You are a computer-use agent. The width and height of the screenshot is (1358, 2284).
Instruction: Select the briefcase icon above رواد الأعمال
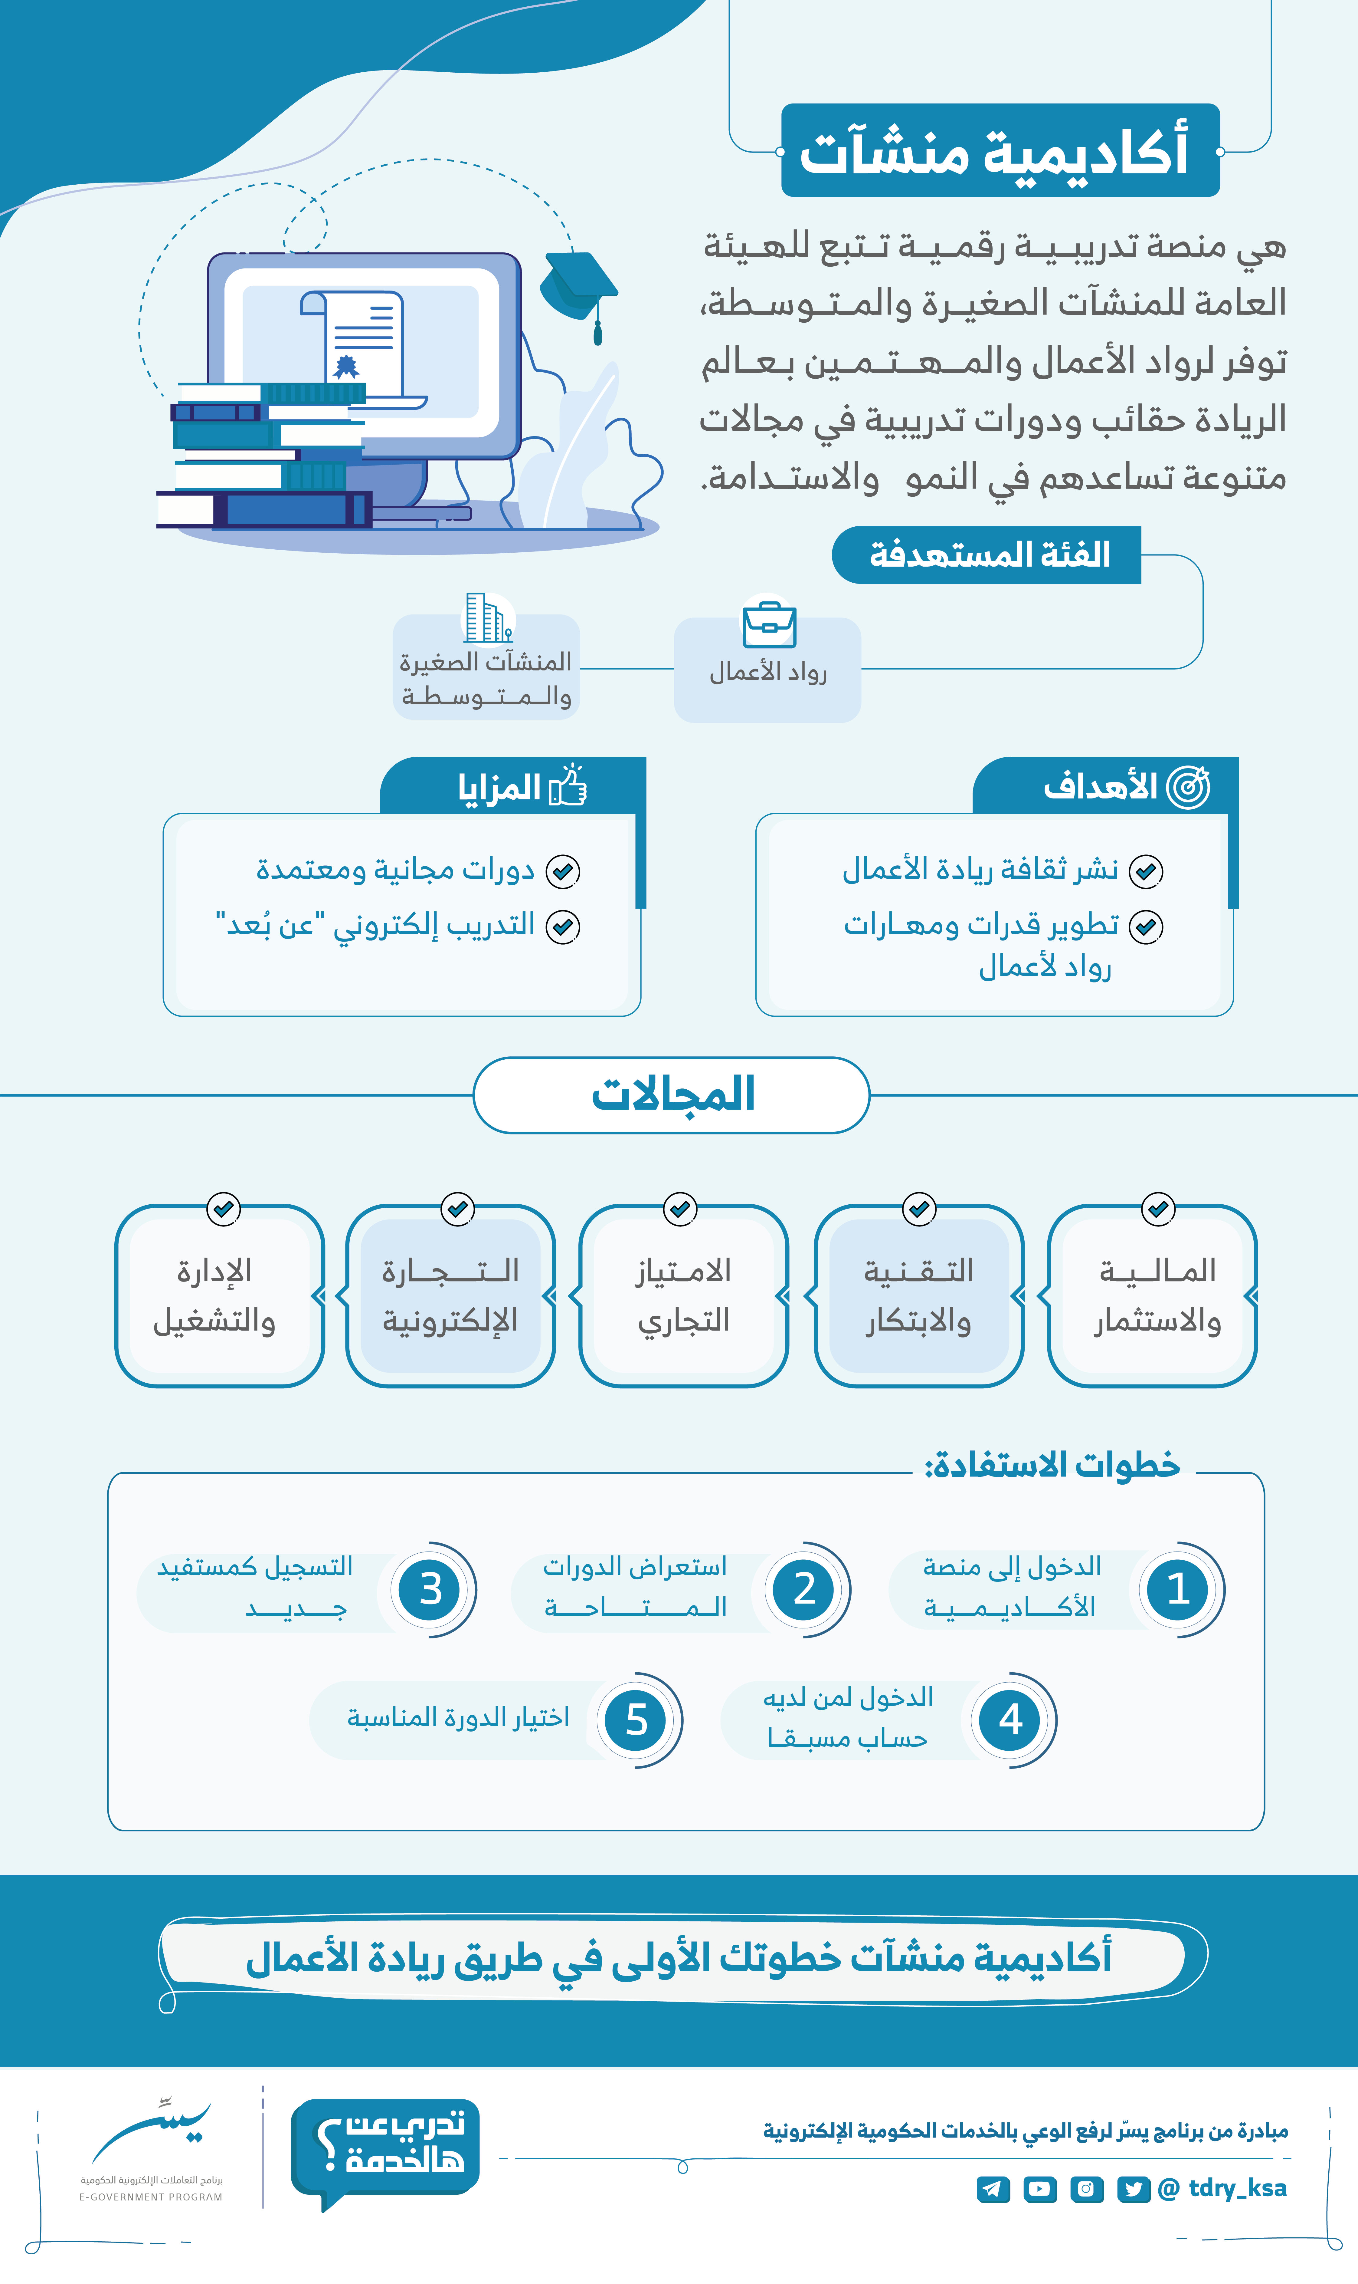[769, 624]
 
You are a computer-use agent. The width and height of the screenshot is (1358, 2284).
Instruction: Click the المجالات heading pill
[672, 1095]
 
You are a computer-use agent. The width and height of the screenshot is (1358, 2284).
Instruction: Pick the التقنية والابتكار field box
[919, 1295]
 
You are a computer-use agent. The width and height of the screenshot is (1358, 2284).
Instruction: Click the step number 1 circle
[1178, 1588]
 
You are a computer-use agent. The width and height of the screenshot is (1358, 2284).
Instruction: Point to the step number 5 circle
[637, 1720]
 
